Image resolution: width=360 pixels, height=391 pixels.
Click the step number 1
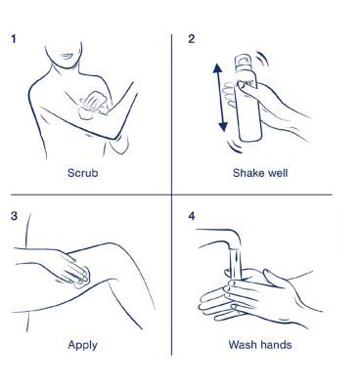tap(13, 39)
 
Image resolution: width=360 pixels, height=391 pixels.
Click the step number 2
tap(192, 39)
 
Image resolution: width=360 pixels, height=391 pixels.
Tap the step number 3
tap(14, 216)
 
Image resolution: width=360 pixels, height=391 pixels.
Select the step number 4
tap(192, 216)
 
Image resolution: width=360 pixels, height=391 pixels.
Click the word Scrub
tap(82, 172)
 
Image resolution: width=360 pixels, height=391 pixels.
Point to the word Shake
tap(246, 172)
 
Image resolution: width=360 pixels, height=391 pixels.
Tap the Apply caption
tap(82, 345)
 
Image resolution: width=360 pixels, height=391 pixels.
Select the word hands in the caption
tap(276, 344)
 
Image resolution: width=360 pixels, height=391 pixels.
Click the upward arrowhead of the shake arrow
tap(217, 68)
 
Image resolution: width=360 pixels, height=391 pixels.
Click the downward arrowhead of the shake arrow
tap(223, 126)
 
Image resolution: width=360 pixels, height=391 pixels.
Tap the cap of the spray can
tap(243, 62)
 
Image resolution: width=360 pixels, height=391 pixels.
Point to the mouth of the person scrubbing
tap(67, 57)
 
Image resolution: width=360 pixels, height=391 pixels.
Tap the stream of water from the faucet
tap(236, 262)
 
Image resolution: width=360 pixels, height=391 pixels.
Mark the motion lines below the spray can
tap(235, 146)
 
